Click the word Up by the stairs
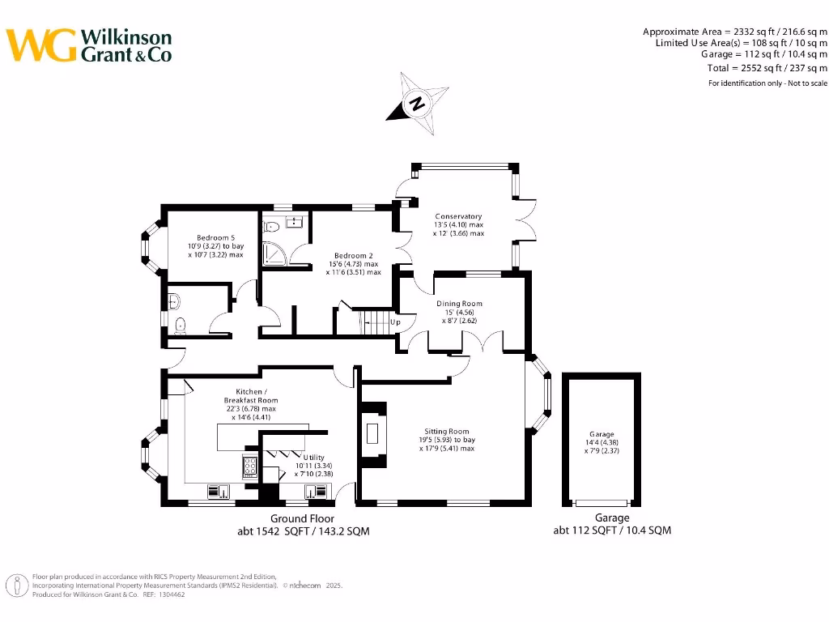(395, 322)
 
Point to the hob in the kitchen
(250, 466)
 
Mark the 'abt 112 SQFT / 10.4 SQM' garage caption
(611, 530)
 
